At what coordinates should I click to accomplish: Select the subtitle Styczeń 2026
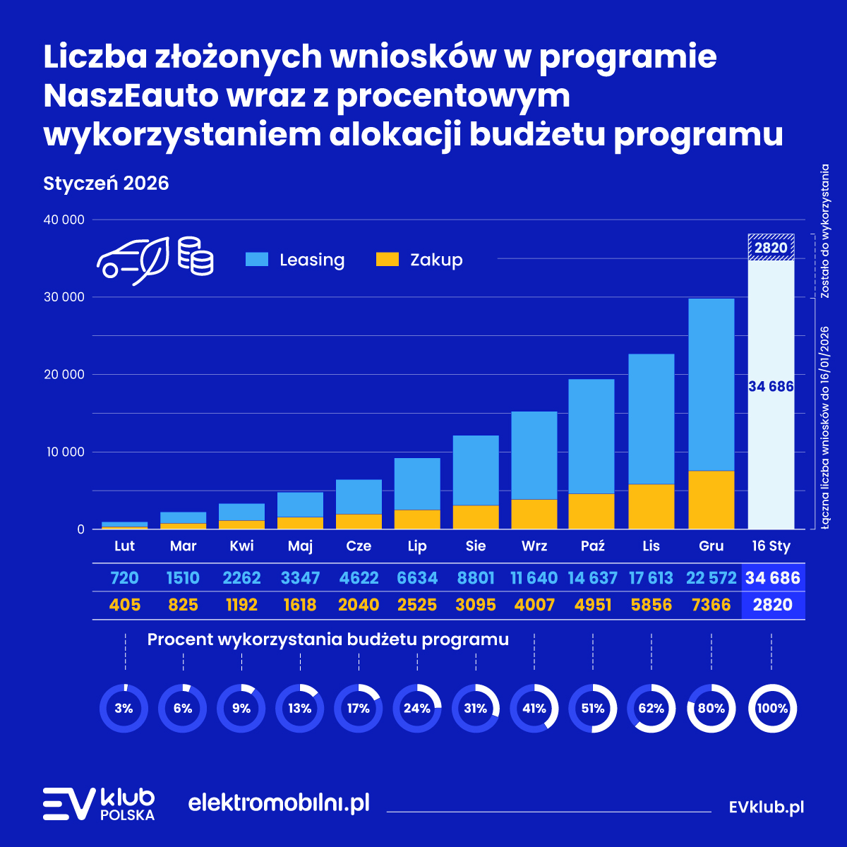coord(107,183)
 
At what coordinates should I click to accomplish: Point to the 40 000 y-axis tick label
coord(64,220)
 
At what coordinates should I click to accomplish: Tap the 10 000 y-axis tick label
coord(64,452)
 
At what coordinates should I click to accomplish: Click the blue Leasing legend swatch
coord(257,260)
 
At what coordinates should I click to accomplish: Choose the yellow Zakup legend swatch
coord(388,260)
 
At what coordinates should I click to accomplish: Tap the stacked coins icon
coord(196,256)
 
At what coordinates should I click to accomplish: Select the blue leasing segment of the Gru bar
coord(711,385)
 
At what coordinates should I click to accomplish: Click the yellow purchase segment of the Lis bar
coord(651,506)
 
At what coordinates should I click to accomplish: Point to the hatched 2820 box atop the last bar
coord(771,247)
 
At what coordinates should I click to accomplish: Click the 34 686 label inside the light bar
coord(771,387)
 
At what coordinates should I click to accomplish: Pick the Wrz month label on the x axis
coord(534,546)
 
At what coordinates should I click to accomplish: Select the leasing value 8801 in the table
coord(475,578)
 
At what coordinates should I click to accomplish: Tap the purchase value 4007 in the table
coord(534,605)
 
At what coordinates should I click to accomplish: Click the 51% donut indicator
coord(593,708)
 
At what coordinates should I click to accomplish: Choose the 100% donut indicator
coord(771,708)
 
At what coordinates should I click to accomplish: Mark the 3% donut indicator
coord(124,708)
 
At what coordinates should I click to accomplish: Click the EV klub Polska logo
coord(99,804)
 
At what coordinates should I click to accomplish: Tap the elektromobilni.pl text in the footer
coord(279,803)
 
